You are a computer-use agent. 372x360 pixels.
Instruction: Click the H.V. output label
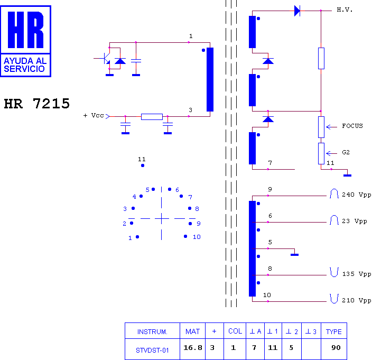click(345, 10)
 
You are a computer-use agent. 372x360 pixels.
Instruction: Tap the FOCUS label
click(352, 126)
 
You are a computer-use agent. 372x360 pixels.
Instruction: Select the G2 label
click(346, 152)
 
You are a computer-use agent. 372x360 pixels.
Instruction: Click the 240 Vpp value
click(356, 195)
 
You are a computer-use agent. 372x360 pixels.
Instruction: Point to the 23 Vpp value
click(355, 221)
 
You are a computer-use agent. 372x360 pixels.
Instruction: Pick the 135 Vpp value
click(357, 274)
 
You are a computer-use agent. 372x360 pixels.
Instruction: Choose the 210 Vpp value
click(356, 300)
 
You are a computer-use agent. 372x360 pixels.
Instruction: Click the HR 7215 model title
click(37, 104)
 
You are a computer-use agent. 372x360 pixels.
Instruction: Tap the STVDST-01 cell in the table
click(152, 350)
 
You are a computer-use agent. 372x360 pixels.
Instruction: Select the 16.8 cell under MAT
click(193, 348)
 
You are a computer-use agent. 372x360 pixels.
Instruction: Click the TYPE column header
click(333, 331)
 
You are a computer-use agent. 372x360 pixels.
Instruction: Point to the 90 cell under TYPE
click(336, 348)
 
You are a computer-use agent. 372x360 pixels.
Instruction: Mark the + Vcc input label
click(94, 116)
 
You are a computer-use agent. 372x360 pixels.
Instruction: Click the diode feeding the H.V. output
click(297, 11)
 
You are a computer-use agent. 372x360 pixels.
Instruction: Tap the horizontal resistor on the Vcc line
click(152, 117)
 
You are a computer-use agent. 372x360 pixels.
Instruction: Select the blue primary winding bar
click(210, 79)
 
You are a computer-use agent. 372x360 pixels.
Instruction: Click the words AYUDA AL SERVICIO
click(25, 65)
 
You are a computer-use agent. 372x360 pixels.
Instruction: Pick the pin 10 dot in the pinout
click(185, 236)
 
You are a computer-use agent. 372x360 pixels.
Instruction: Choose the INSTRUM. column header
click(152, 331)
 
